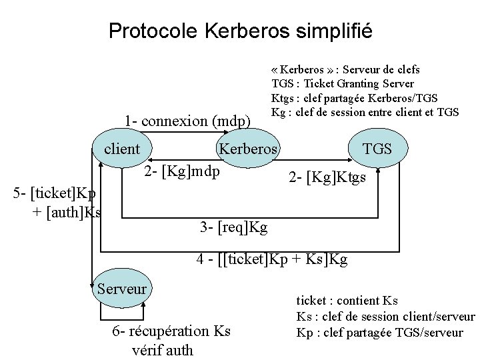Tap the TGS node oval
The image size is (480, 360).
click(x=377, y=149)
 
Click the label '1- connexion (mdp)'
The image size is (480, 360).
click(x=187, y=121)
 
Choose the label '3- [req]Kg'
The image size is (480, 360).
click(x=233, y=227)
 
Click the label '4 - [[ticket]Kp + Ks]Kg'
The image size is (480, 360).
click(x=273, y=259)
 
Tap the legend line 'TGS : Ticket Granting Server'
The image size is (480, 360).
click(x=343, y=83)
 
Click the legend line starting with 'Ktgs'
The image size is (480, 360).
click(x=355, y=97)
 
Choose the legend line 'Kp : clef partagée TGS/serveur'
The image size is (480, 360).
click(x=379, y=331)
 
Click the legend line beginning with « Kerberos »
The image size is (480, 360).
click(x=345, y=69)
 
